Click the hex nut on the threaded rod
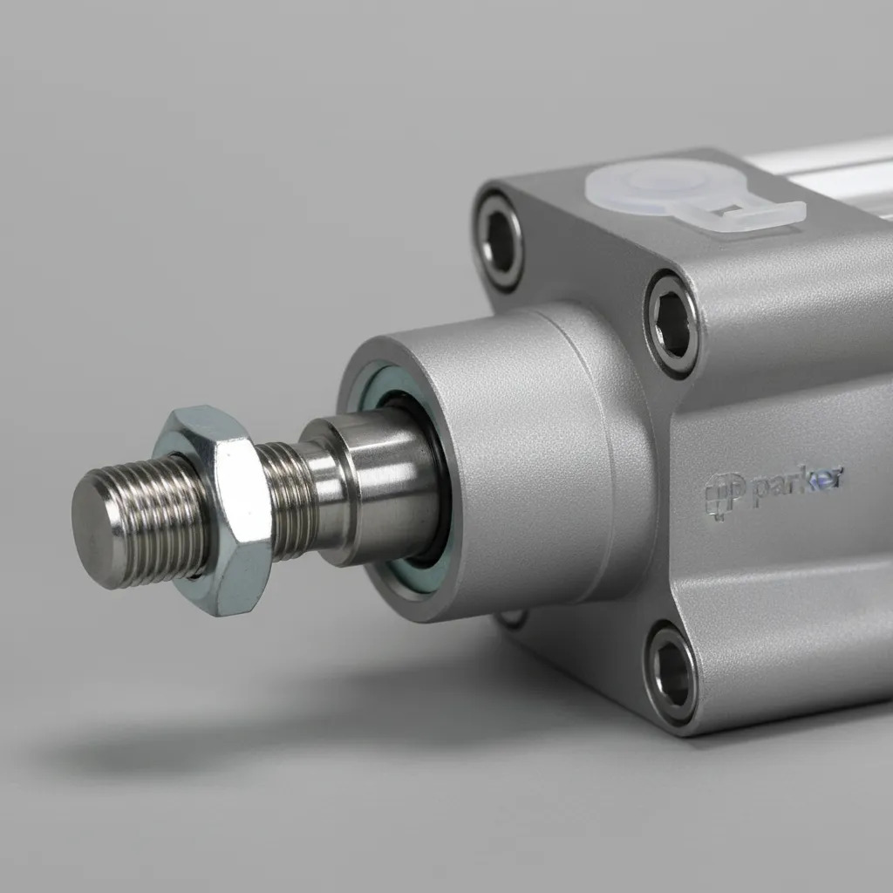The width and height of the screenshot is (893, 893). click(x=219, y=509)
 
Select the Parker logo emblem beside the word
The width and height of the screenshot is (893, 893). click(x=723, y=495)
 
